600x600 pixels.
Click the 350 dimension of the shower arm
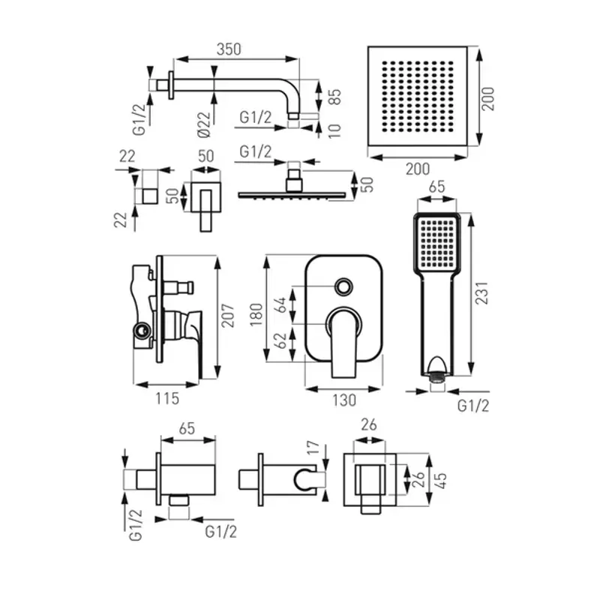coord(229,49)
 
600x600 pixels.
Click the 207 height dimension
coord(230,317)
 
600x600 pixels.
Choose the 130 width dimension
coord(344,400)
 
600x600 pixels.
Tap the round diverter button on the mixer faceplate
coord(344,286)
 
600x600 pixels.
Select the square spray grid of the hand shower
coord(436,243)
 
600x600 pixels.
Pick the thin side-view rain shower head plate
coord(293,194)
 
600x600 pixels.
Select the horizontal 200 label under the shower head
coord(418,169)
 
